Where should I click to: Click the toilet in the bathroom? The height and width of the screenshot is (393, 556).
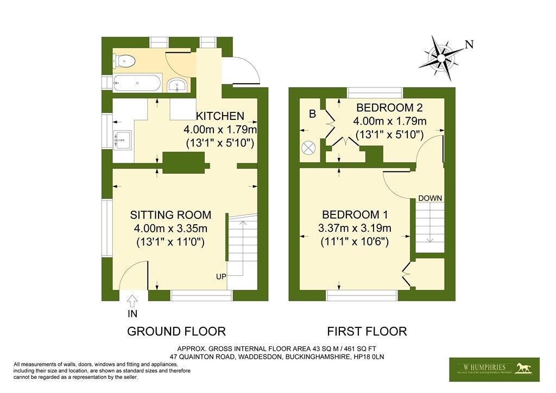pos(125,61)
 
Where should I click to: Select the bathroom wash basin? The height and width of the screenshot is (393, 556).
pos(177,85)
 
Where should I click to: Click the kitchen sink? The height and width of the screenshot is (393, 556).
pos(122,140)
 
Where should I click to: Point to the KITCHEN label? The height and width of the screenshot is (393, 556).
pos(220,116)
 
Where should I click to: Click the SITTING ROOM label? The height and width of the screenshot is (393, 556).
pos(170,215)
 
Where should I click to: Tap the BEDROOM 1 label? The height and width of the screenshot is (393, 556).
pos(355,213)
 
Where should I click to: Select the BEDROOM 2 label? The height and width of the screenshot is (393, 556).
pos(390,107)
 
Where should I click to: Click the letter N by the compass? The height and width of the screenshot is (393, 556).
pos(470,45)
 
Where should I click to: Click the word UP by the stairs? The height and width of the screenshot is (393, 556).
pos(220,277)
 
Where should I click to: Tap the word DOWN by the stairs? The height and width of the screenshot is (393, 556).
pos(429,198)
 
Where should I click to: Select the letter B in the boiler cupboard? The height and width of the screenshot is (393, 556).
pos(312,114)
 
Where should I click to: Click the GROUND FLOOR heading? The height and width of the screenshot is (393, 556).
pos(176,331)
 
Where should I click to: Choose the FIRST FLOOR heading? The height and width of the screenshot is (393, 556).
pos(367,331)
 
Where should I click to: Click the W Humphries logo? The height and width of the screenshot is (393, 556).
pos(494,369)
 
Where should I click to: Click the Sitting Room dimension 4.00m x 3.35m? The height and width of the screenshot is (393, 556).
pos(170,229)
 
